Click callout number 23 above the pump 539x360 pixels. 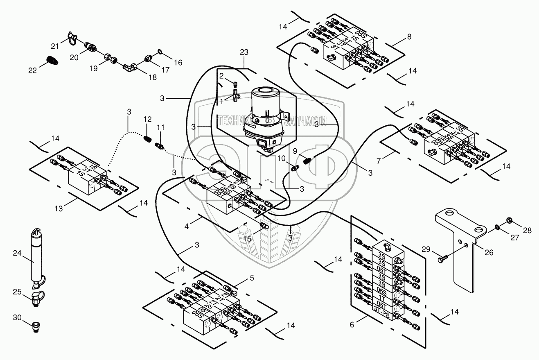244,52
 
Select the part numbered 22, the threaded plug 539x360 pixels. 53,60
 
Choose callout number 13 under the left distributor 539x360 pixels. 59,208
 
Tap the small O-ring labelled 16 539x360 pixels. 159,52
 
